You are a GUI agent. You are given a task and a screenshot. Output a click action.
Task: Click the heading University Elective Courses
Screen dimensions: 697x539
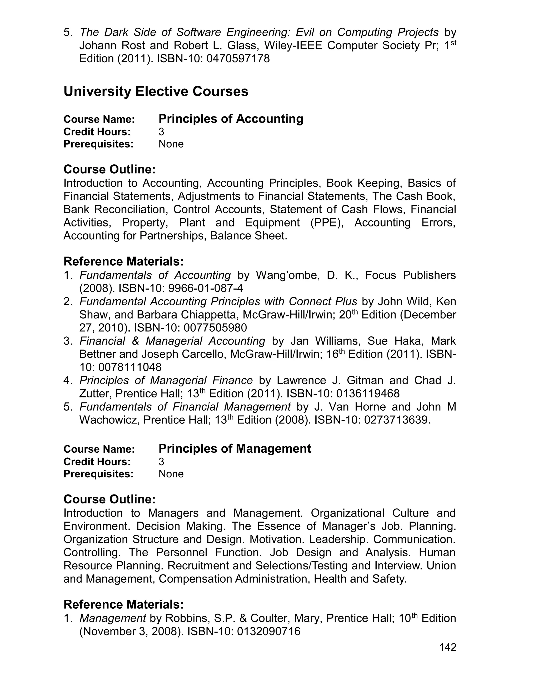click(156, 92)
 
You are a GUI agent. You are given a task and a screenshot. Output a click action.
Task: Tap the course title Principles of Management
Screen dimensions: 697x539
click(234, 448)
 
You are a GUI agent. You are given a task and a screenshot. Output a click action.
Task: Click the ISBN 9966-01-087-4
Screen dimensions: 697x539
click(205, 289)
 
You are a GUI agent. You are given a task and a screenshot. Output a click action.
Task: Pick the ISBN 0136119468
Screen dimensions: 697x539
click(367, 393)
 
